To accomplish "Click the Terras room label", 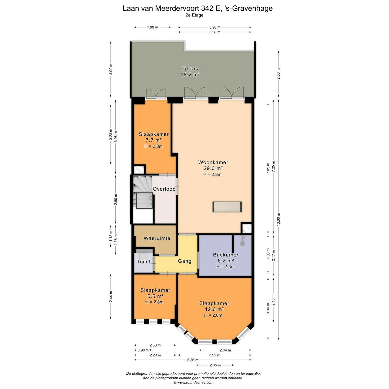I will pyautogui.click(x=190, y=69).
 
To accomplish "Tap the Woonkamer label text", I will pyautogui.click(x=213, y=162).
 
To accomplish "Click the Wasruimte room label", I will pyautogui.click(x=157, y=238).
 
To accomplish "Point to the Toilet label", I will pyautogui.click(x=144, y=261).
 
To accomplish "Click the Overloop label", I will pyautogui.click(x=164, y=189).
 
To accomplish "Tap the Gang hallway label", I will pyautogui.click(x=185, y=261).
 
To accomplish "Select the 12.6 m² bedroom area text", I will pyautogui.click(x=214, y=309).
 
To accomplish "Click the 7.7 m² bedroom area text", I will pyautogui.click(x=154, y=140).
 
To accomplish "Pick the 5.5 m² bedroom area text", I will pyautogui.click(x=155, y=296).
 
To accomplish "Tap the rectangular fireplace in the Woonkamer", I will pyautogui.click(x=227, y=207).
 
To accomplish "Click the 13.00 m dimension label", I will pyautogui.click(x=279, y=219).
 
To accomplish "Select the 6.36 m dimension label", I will pyautogui.click(x=193, y=360).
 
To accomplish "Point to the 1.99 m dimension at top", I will pyautogui.click(x=153, y=27).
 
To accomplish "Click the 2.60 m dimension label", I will pyautogui.click(x=116, y=200).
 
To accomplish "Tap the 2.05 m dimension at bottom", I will pyautogui.click(x=215, y=365).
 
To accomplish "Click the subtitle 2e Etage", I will pyautogui.click(x=194, y=15).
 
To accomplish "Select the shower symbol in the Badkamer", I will pyautogui.click(x=243, y=241).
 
